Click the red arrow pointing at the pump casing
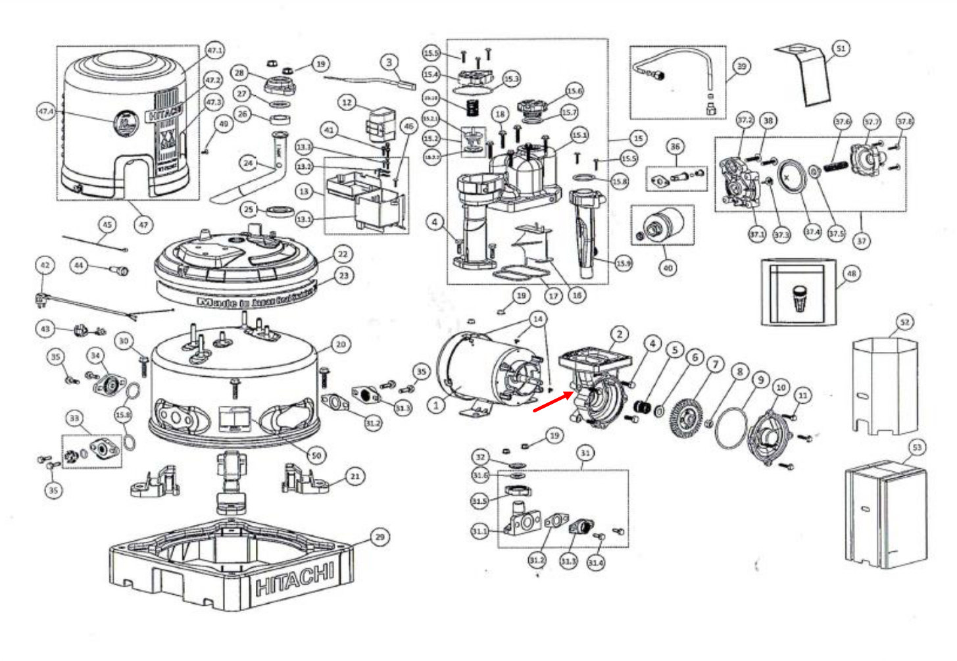click(x=552, y=402)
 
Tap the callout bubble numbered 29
click(x=380, y=537)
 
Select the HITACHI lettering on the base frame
click(x=295, y=579)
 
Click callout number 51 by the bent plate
click(x=840, y=48)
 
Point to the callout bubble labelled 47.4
click(x=46, y=111)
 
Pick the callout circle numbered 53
click(x=916, y=447)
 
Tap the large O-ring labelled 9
click(x=731, y=428)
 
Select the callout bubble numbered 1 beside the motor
click(x=436, y=405)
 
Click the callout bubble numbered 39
click(x=741, y=66)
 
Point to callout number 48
click(x=852, y=273)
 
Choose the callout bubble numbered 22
click(x=342, y=254)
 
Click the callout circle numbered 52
click(x=904, y=322)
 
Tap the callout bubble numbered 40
click(x=668, y=268)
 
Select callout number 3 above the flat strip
click(x=389, y=62)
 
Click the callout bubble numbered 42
click(x=45, y=266)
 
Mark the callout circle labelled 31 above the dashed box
click(x=585, y=453)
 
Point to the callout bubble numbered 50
click(x=316, y=455)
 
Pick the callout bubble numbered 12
click(x=347, y=103)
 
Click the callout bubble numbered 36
click(x=675, y=146)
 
